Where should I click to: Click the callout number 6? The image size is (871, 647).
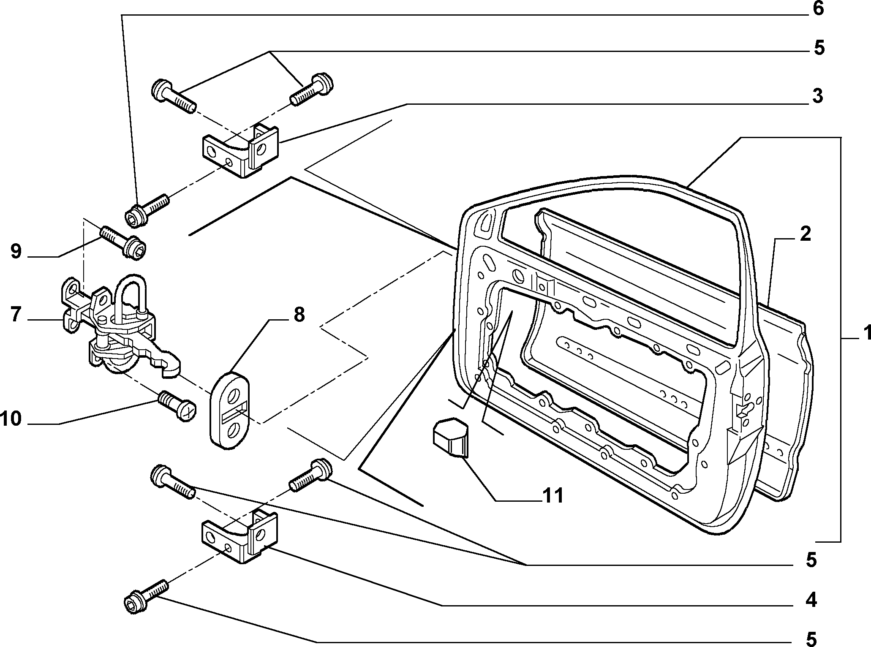tap(818, 8)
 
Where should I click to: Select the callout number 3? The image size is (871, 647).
tap(818, 96)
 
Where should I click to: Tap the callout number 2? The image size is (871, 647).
tap(805, 234)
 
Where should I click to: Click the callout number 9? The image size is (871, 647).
tap(16, 252)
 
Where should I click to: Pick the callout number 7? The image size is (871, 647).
tap(16, 315)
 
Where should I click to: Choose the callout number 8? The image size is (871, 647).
tap(299, 315)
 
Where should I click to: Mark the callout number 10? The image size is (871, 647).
tap(11, 419)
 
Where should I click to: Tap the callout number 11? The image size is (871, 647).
tap(553, 495)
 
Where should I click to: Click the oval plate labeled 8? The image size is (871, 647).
tap(230, 409)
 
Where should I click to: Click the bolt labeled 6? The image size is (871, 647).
tap(147, 209)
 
